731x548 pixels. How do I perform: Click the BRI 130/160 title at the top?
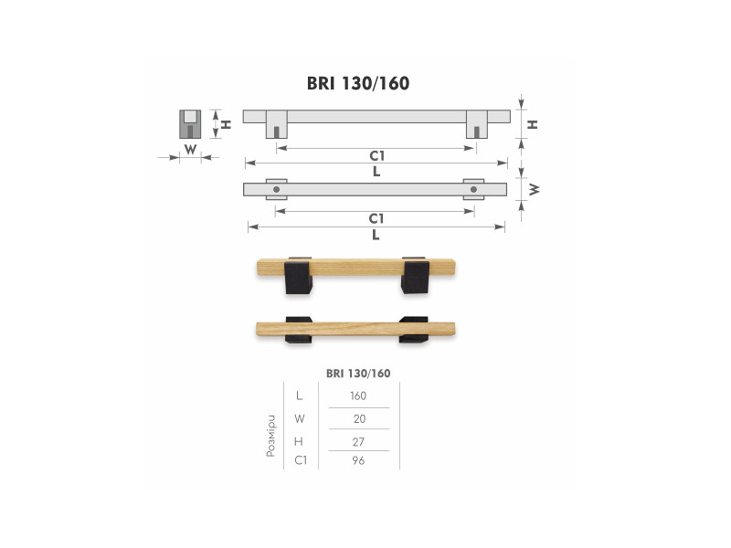tap(358, 83)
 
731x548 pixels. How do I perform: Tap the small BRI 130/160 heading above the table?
tap(358, 374)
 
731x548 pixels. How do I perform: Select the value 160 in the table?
tap(358, 395)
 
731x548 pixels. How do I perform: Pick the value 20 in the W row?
tap(359, 418)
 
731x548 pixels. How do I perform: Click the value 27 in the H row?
tap(358, 441)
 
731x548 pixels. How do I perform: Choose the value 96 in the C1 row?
tap(358, 460)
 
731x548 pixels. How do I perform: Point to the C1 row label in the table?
tap(301, 460)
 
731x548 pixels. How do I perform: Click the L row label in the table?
tap(300, 395)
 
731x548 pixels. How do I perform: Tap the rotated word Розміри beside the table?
tap(270, 437)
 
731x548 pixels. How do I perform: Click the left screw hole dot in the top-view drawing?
tap(277, 190)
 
